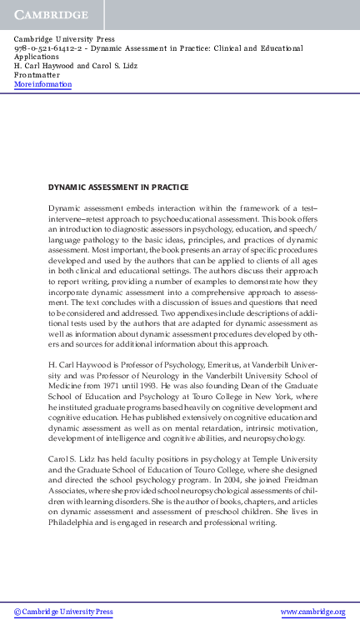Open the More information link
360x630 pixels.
click(43, 85)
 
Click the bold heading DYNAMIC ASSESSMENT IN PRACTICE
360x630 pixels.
click(117, 187)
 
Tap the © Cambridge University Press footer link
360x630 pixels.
click(63, 612)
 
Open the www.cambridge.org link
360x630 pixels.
click(312, 612)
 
